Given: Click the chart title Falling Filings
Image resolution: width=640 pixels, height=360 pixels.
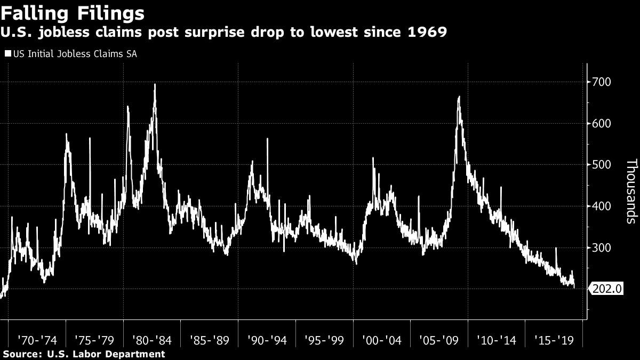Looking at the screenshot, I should click(74, 12).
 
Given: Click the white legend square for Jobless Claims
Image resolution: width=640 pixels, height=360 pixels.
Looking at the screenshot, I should click(7, 53).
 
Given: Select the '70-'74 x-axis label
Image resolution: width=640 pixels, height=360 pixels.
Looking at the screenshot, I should click(37, 340).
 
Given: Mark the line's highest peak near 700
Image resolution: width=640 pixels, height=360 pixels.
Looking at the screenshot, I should click(155, 85).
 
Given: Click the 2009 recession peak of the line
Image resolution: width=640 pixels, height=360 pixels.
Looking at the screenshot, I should click(459, 97).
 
